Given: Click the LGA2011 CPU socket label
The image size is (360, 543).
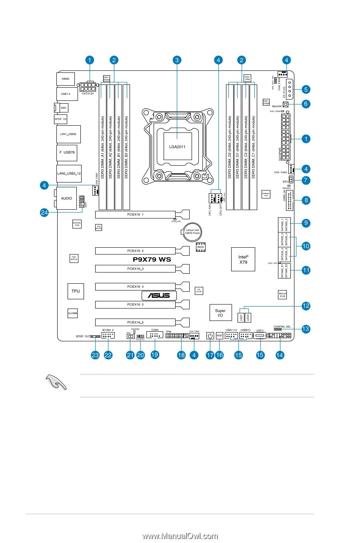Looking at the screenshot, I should pos(177,146).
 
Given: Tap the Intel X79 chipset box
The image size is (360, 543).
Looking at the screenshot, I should pos(243,259).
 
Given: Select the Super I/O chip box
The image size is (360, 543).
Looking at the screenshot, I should pos(220,313).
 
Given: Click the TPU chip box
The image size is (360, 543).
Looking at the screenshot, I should pos(76,291).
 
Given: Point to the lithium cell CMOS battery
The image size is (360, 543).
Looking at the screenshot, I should pos(192,231).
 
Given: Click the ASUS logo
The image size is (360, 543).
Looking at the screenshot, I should pos(159,296).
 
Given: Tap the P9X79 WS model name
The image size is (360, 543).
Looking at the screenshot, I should pos(152,259).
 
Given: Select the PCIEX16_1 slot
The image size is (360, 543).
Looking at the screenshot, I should pos(136,214).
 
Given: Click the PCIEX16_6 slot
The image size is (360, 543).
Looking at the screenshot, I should pos(136,322).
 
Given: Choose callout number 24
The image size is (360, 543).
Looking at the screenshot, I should pos(45,213).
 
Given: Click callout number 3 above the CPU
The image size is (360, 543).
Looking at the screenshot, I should pos(177,60).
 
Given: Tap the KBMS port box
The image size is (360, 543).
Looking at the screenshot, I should pos(65,79).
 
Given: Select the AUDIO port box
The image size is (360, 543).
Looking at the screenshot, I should pos(66,198).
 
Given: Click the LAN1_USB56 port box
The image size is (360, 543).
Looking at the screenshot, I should pos(68,134).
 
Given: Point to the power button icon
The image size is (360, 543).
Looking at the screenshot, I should pos(210,336).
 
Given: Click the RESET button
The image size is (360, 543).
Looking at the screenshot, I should pos(219,336).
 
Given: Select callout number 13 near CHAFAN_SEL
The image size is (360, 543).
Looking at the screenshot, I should pos(306,329).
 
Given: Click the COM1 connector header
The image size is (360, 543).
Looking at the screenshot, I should pos(155,335).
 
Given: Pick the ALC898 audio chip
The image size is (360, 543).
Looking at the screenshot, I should pos(72,314).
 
